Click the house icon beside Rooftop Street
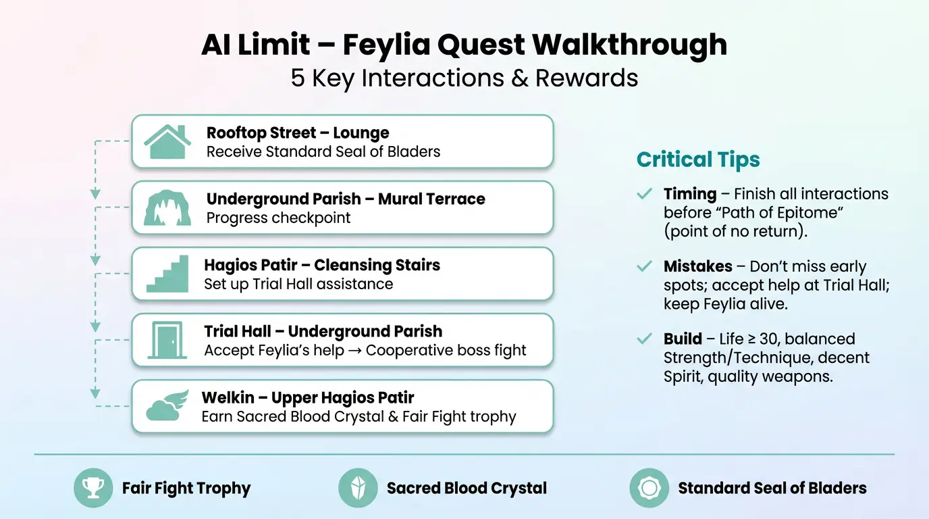tap(167, 141)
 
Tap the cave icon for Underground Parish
tap(167, 208)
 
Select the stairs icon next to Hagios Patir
tap(167, 274)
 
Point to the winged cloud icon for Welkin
tap(167, 406)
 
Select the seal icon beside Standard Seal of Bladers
tap(649, 488)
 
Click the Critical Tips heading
tap(698, 159)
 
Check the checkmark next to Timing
tap(644, 195)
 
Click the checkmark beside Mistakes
tap(644, 266)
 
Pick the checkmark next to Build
tap(644, 339)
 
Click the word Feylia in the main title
tap(386, 45)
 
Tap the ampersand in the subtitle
tap(519, 78)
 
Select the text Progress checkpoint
tap(278, 218)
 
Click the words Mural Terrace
tap(431, 199)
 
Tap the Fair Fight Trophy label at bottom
tap(186, 488)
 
